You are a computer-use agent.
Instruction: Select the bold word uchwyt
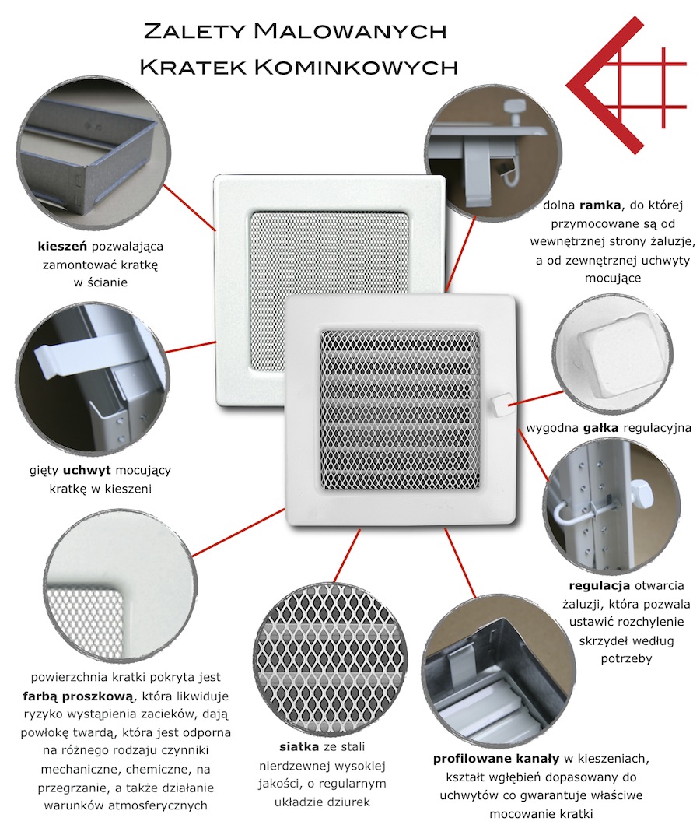click(87, 470)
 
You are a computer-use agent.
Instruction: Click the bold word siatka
click(299, 747)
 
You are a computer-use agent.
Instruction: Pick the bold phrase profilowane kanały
click(496, 758)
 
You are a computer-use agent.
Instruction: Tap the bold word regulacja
click(600, 586)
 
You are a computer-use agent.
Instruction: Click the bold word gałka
click(603, 428)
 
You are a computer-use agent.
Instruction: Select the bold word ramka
click(600, 205)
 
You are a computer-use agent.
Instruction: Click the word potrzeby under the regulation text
click(626, 658)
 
